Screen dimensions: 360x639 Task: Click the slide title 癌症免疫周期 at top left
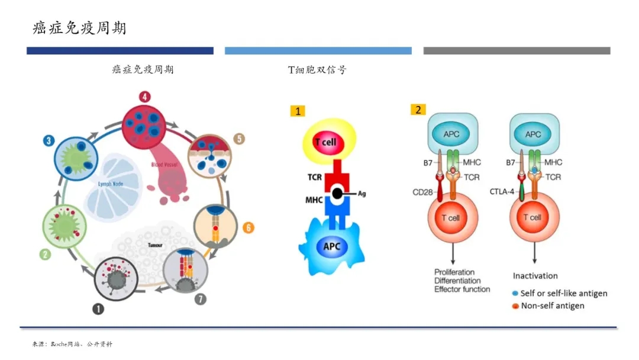coord(79,28)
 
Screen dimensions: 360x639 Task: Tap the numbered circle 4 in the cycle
coord(144,97)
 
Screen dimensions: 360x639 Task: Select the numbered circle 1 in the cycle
coord(98,308)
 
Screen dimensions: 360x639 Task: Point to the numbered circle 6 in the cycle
coord(248,227)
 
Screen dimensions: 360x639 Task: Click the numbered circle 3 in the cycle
coord(49,140)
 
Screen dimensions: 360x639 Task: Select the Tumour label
coord(155,243)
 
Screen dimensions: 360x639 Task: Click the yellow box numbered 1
coord(298,111)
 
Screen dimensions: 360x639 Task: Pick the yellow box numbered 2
coord(418,110)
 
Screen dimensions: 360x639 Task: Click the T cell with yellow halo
coord(326,142)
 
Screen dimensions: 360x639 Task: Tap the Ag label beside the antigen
coord(362,194)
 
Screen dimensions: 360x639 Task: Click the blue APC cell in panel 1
coord(331,246)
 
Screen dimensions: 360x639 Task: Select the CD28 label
coord(423,191)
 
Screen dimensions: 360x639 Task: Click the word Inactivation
coord(535,276)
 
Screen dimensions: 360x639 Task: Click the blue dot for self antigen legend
coord(515,294)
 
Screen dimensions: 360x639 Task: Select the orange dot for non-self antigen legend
coord(515,306)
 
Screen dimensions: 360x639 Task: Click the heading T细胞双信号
coord(317,70)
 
